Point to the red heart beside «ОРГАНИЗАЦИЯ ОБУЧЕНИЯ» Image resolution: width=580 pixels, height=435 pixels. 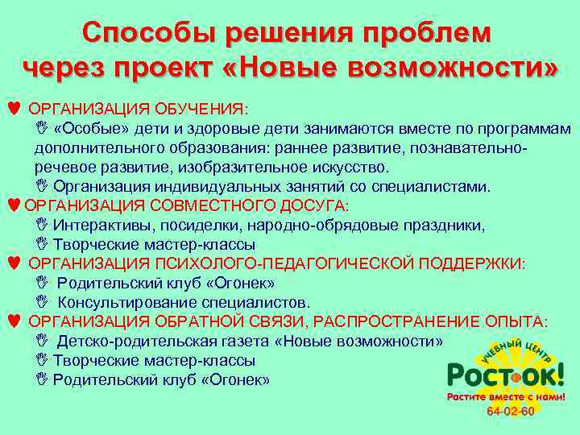coord(10,108)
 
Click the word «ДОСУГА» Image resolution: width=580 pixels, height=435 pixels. coord(313,205)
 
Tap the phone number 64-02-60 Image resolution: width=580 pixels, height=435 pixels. coord(511,412)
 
